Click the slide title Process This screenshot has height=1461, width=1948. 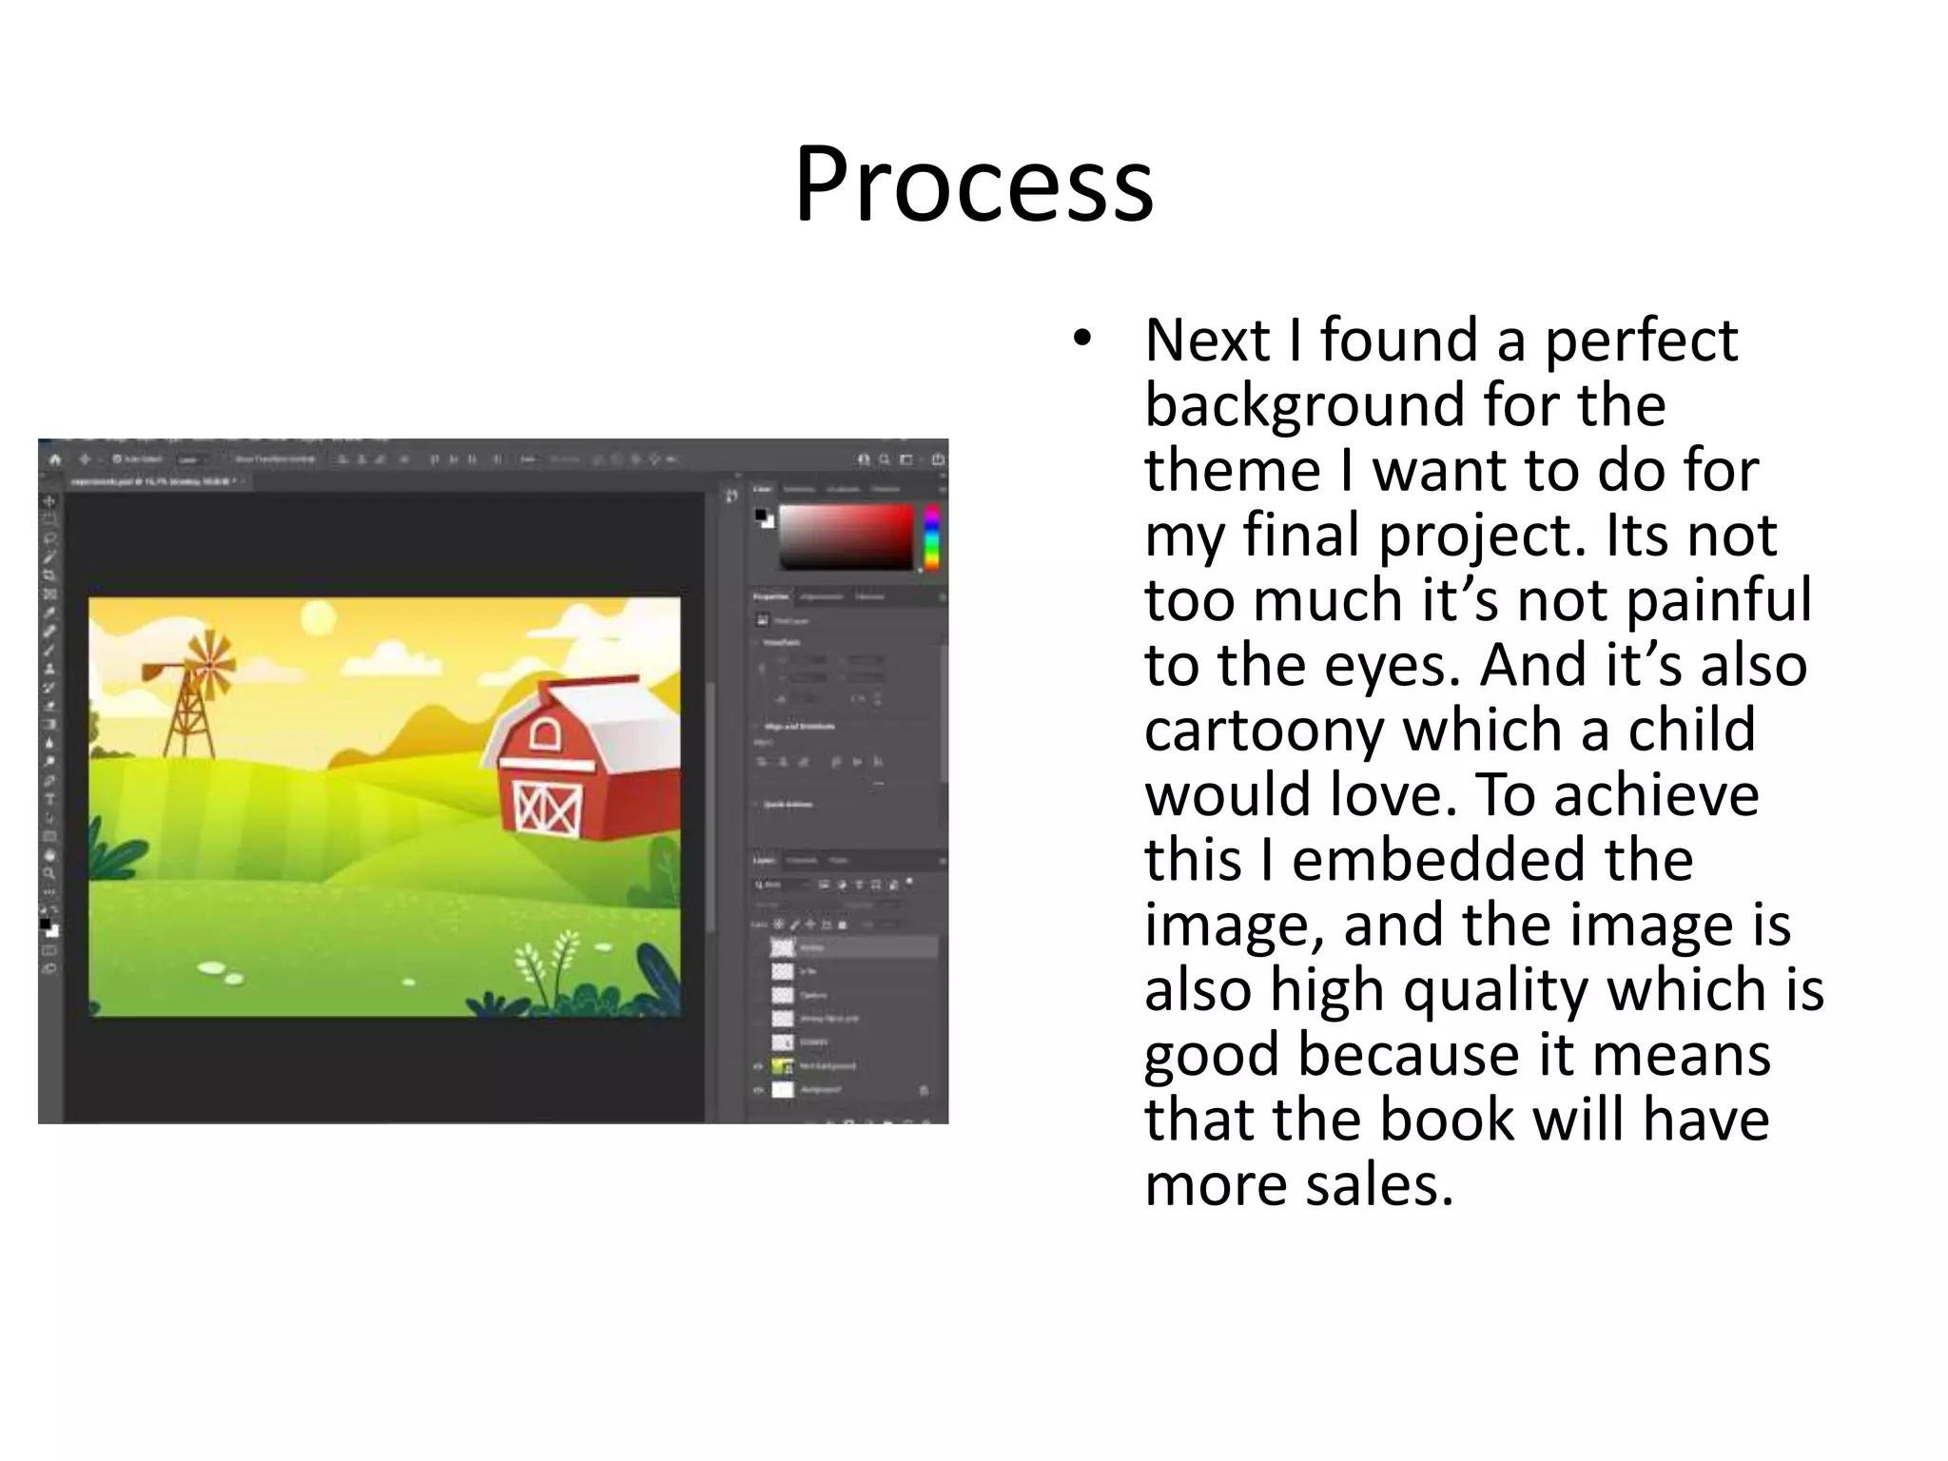tap(973, 184)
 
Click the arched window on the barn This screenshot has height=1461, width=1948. tap(546, 735)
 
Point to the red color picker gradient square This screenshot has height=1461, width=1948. tap(846, 536)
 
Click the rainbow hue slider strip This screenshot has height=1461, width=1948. tap(931, 537)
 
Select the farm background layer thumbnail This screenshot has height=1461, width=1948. tap(783, 1066)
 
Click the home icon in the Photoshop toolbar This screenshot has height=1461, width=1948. tap(55, 459)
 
